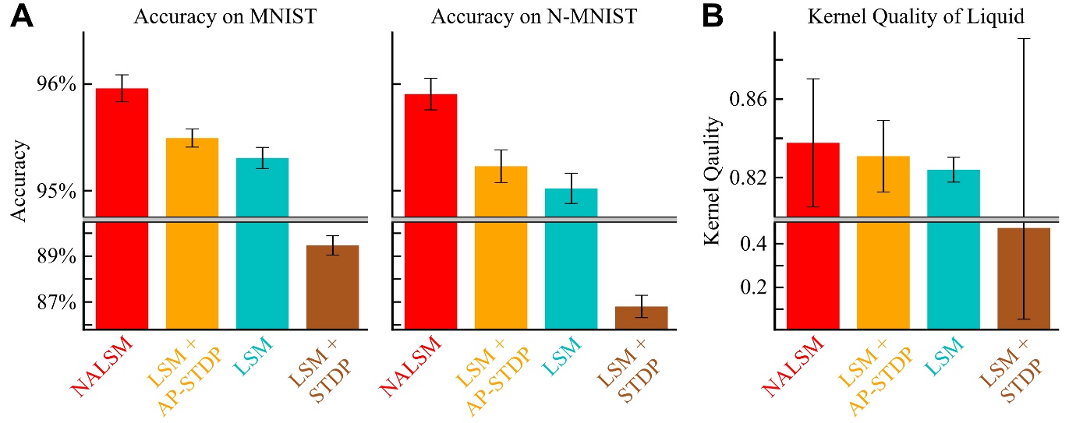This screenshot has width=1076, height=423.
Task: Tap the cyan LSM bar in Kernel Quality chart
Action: [x=953, y=249]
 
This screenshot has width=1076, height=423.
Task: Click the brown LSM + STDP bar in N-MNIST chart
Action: [x=641, y=317]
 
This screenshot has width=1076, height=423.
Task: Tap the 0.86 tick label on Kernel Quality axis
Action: [x=745, y=100]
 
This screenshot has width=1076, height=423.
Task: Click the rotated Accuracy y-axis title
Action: [x=21, y=181]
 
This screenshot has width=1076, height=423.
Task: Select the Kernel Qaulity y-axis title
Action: [x=712, y=181]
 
